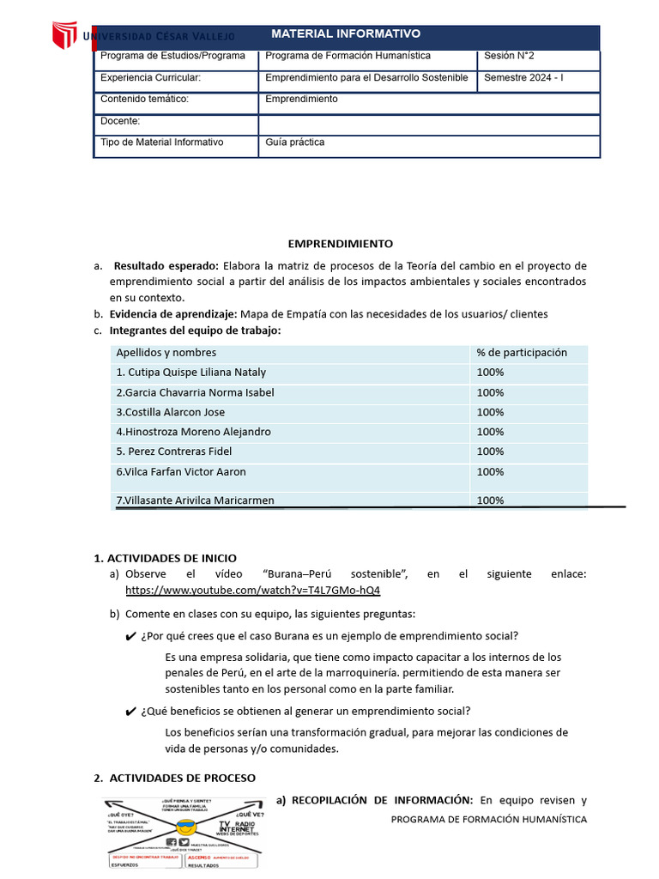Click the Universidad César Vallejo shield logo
click(x=64, y=36)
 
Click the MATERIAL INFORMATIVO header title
click(x=346, y=34)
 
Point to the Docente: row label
click(x=120, y=121)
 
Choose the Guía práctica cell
click(x=295, y=142)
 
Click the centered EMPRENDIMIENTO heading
click(x=340, y=244)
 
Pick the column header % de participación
click(x=522, y=353)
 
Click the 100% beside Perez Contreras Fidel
click(x=490, y=452)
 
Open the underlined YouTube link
click(x=252, y=591)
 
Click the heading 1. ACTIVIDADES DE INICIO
click(x=165, y=558)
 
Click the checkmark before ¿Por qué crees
click(x=130, y=637)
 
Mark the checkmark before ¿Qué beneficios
click(x=130, y=712)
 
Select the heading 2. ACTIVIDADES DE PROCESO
click(x=174, y=778)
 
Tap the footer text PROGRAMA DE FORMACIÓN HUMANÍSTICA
click(x=488, y=820)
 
